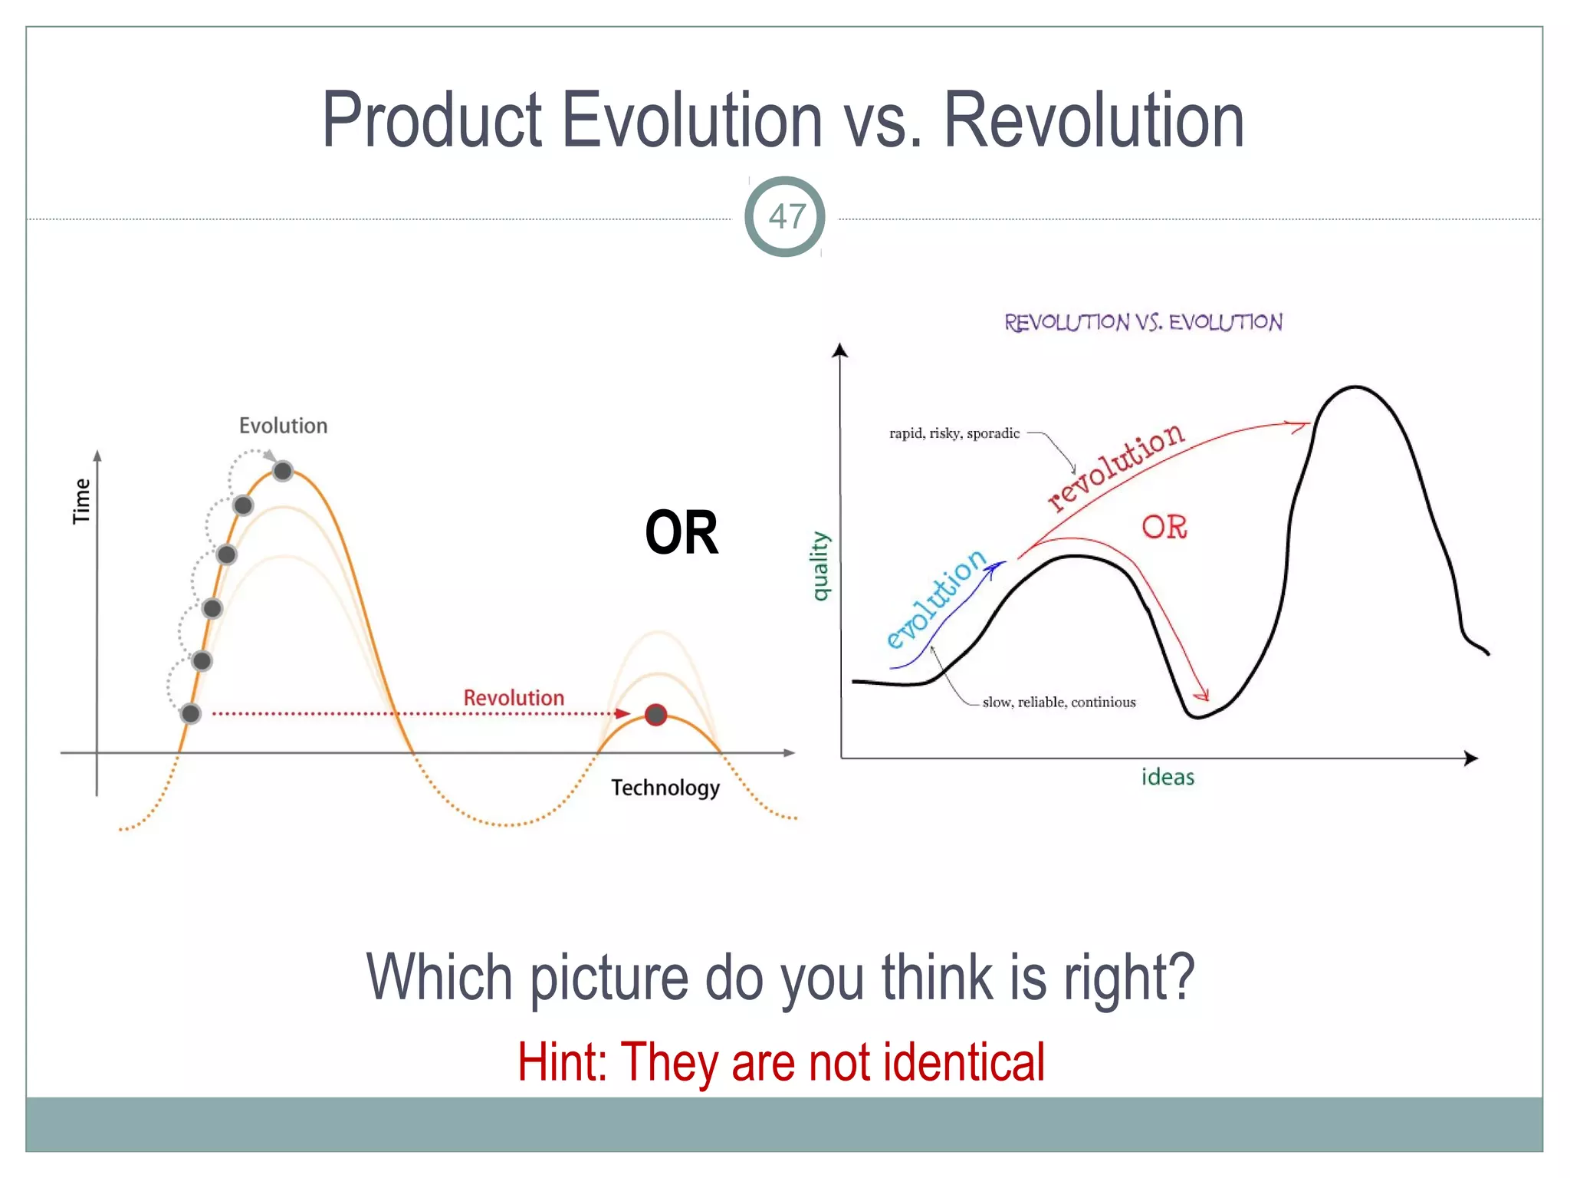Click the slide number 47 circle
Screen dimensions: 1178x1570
(785, 216)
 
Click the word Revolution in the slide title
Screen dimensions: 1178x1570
(1093, 120)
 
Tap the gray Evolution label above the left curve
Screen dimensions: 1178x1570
(283, 426)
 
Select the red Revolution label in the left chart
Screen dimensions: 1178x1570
(514, 698)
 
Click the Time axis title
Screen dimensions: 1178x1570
(81, 501)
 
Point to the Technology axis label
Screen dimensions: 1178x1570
(665, 788)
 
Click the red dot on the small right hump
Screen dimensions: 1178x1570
(655, 715)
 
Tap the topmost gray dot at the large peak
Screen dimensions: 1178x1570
(283, 471)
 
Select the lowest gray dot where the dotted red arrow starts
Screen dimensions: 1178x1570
(191, 714)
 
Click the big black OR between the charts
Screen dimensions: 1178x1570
(682, 533)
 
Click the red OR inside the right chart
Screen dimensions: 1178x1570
(1164, 527)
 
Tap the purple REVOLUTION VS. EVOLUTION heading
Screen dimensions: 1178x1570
(1143, 322)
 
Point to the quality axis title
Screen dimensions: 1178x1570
(819, 566)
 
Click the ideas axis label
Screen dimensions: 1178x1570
(1168, 777)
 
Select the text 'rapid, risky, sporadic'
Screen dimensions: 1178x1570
(954, 433)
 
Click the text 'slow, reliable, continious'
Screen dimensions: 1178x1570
(1059, 702)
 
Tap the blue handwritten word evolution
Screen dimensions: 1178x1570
(935, 598)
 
